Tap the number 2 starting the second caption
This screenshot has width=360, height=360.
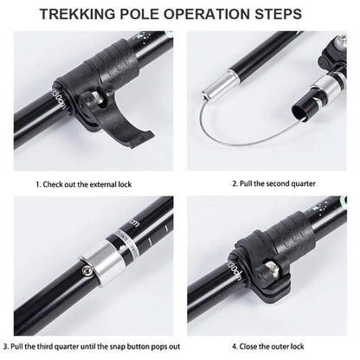coord(235,183)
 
